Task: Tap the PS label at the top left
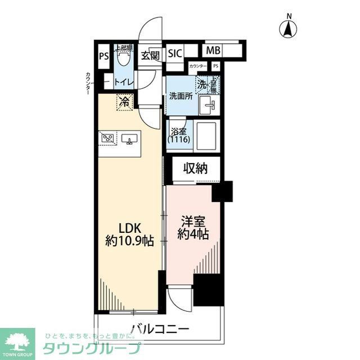pos(103,56)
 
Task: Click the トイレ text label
pos(123,83)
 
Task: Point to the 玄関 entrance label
pos(150,55)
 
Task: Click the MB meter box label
pos(213,51)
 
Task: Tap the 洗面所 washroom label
pos(181,96)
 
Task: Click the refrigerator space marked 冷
pos(123,102)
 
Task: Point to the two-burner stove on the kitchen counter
pos(108,138)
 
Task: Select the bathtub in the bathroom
pos(206,135)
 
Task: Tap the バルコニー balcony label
pos(160,328)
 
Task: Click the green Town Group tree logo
pos(17,341)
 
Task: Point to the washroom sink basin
pos(210,105)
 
